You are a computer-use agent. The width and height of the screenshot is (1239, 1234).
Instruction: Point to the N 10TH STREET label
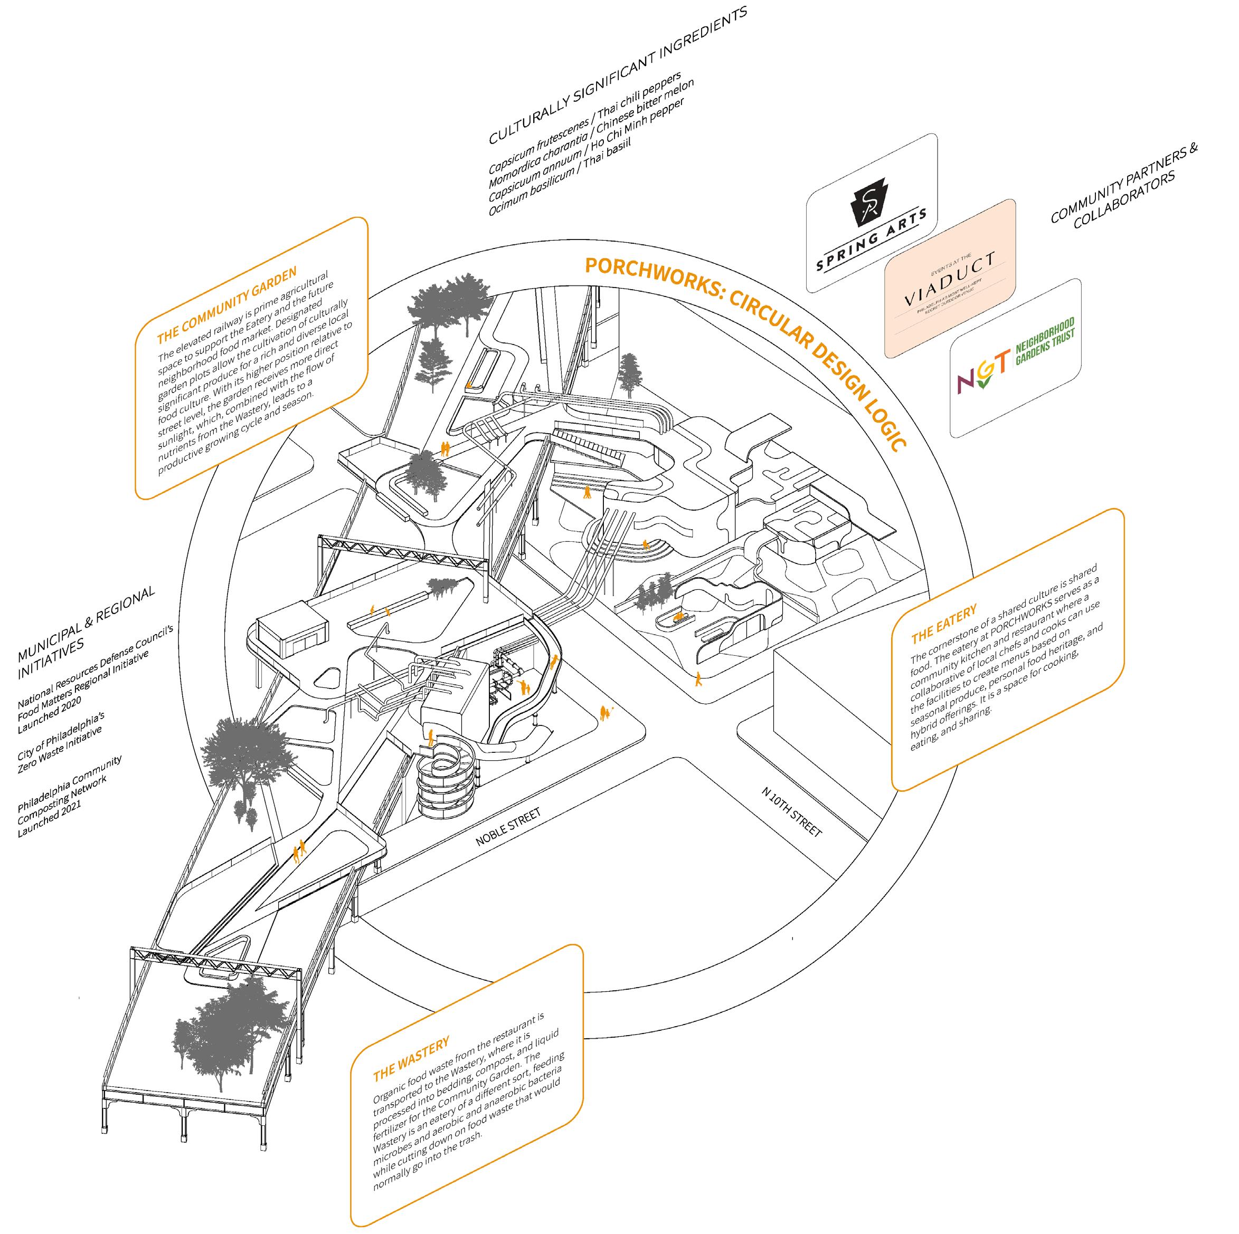tap(791, 811)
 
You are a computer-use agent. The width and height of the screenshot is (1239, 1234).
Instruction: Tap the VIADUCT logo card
tap(950, 278)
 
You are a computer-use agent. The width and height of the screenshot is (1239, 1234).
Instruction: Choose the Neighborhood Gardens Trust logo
tap(1015, 357)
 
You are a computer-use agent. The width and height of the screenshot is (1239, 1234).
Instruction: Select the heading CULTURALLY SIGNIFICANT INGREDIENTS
tap(618, 75)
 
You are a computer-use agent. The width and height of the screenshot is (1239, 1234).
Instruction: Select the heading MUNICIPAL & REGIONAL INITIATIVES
tap(87, 632)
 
